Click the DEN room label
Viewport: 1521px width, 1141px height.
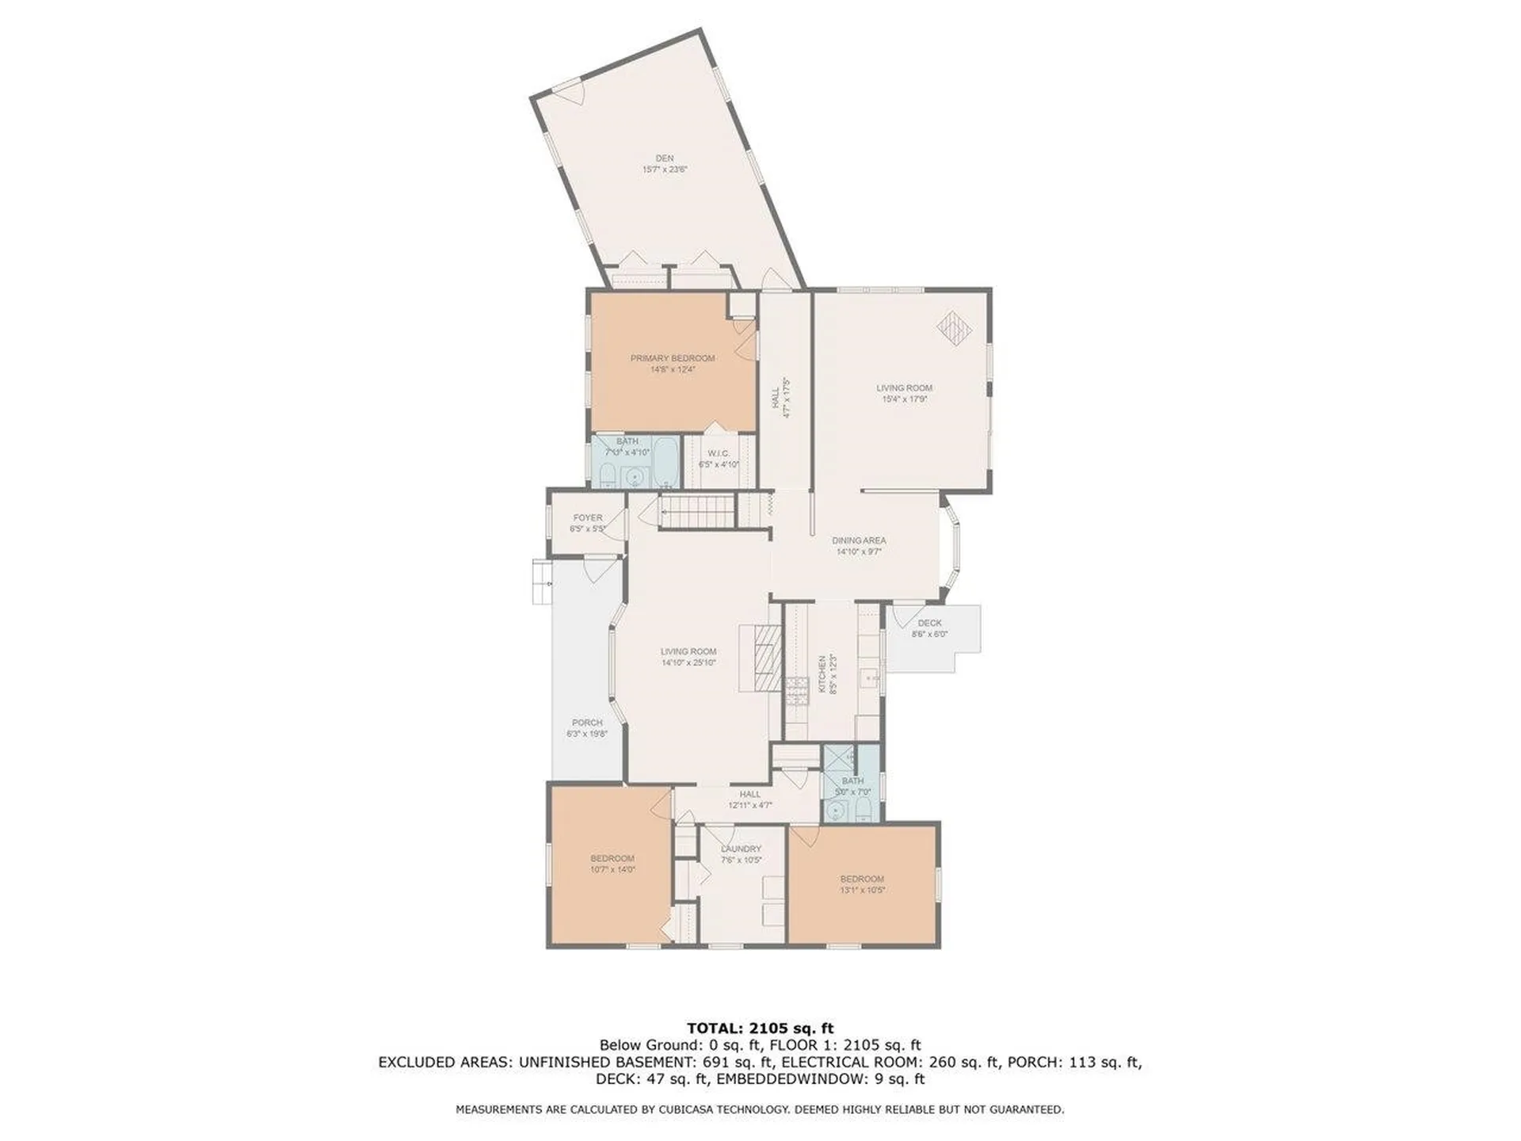tap(664, 158)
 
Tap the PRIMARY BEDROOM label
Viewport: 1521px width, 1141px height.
tap(672, 358)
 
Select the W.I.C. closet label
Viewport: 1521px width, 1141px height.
tap(719, 453)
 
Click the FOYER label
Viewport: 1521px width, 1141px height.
tap(588, 517)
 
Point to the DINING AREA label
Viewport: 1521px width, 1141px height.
tap(859, 540)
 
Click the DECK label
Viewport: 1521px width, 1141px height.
tap(929, 623)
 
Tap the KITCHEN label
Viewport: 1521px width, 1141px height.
tap(822, 674)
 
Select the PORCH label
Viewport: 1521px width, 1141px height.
tap(587, 723)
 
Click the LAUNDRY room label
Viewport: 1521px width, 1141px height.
tap(741, 849)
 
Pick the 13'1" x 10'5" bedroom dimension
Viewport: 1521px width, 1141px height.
tap(862, 890)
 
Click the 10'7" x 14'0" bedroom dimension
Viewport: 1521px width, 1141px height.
tap(612, 869)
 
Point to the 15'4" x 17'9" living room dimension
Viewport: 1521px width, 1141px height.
tap(904, 399)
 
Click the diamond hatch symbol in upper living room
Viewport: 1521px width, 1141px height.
tap(954, 326)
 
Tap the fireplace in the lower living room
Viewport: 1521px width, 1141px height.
tap(766, 658)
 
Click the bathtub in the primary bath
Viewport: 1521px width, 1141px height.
tap(665, 462)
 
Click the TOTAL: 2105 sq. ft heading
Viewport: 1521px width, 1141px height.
tap(760, 1028)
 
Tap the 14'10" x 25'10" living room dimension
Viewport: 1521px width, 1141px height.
tap(688, 662)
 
